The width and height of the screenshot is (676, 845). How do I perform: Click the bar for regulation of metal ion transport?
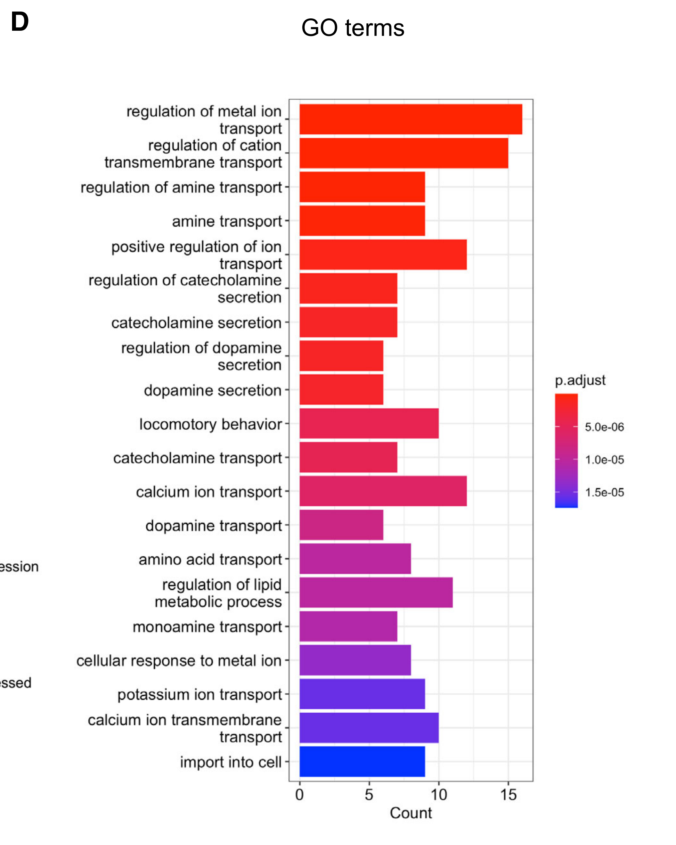[x=411, y=119]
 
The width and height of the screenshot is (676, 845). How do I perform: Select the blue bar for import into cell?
[x=362, y=761]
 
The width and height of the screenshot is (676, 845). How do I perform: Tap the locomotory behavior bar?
[x=369, y=423]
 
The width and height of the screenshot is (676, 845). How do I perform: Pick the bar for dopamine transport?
[x=341, y=525]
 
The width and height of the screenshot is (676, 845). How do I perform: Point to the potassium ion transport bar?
[x=362, y=694]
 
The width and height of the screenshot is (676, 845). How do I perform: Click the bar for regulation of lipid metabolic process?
[x=376, y=592]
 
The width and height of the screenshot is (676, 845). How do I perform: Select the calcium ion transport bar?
[x=383, y=491]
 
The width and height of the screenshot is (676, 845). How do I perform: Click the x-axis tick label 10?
[x=439, y=795]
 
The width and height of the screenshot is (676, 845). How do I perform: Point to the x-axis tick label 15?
[x=508, y=795]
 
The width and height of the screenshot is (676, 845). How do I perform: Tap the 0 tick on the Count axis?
[x=299, y=795]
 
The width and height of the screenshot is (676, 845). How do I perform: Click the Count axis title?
[x=411, y=813]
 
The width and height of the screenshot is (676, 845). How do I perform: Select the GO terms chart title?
[x=353, y=28]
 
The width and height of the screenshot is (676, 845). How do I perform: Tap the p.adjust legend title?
[x=580, y=380]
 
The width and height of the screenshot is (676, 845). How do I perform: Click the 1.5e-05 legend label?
[x=604, y=492]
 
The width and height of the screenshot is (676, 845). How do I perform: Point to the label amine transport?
[x=227, y=222]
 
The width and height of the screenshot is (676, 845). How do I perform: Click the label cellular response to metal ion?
[x=179, y=661]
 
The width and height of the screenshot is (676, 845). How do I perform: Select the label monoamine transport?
[x=207, y=627]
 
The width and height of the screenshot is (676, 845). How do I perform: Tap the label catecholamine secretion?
[x=196, y=323]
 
